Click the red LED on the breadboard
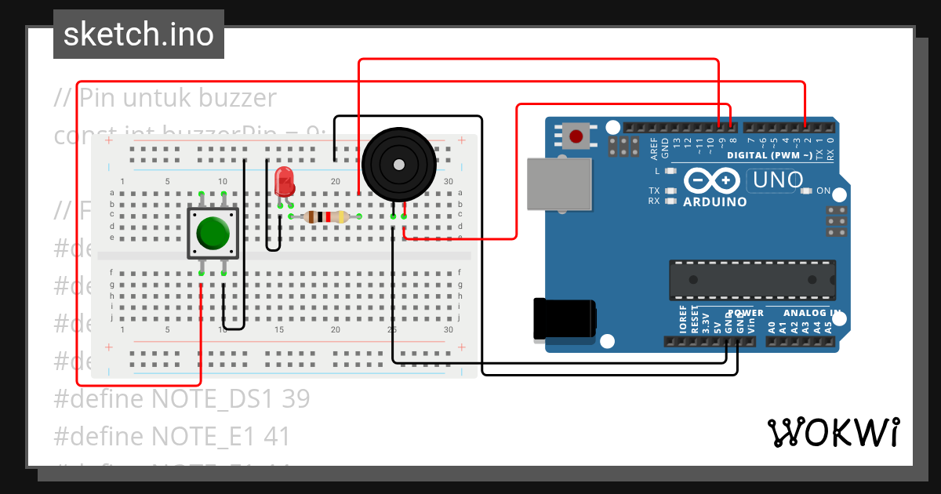pos(285,183)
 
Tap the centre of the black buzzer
pos(398,165)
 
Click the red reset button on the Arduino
pos(576,136)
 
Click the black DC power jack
pos(563,320)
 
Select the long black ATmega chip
pos(752,280)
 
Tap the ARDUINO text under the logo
pos(714,202)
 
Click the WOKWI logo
pos(833,432)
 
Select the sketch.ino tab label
pos(139,35)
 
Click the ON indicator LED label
pos(823,191)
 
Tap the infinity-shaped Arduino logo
pos(710,180)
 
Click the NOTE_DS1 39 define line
pos(182,399)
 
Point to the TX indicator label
pos(654,191)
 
